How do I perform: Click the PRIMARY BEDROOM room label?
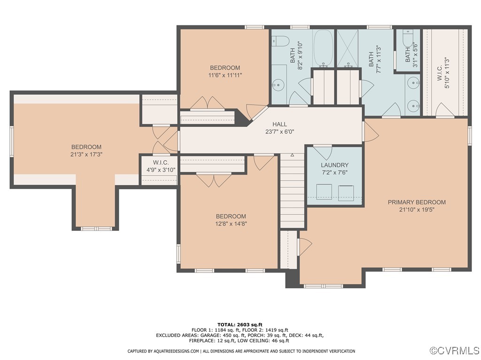point(416,202)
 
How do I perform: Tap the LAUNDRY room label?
point(334,165)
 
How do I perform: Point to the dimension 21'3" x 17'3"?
point(86,154)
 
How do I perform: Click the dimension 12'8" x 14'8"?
point(231,224)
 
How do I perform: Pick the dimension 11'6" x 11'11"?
point(225,75)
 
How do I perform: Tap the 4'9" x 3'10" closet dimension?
point(160,170)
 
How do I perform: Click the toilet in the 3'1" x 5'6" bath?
point(407,39)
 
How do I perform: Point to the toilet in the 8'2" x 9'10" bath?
point(279,42)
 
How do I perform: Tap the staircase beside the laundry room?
point(293,191)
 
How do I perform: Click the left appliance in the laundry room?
point(324,191)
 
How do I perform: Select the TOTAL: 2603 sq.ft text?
point(240,324)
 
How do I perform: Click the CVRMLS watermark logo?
point(455,351)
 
